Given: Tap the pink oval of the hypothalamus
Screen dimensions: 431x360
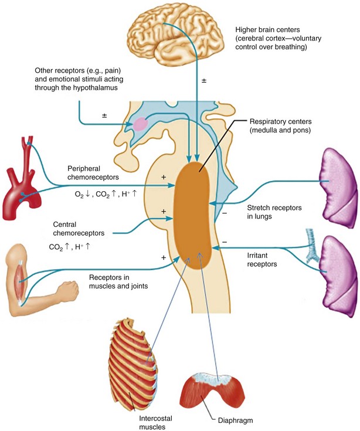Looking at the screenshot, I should (141, 124).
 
